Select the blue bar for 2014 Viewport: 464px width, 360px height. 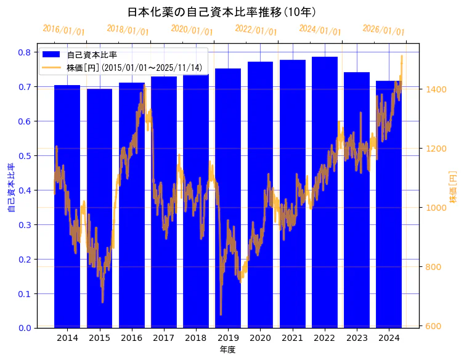pyautogui.click(x=67, y=210)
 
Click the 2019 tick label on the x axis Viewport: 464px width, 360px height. pyautogui.click(x=228, y=338)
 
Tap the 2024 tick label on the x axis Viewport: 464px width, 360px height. pyautogui.click(x=388, y=338)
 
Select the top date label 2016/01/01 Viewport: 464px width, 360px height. pyautogui.click(x=64, y=30)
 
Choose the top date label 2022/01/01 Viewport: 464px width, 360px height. pyautogui.click(x=256, y=30)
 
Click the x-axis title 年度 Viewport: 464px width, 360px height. pyautogui.click(x=228, y=350)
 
